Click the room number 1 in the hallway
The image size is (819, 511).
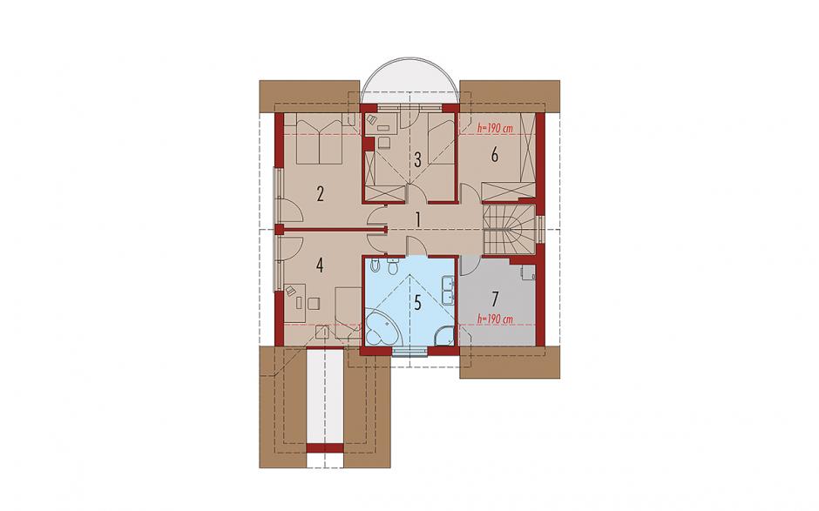point(418,219)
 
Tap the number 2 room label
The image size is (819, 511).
point(320,194)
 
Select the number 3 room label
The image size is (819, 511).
point(418,159)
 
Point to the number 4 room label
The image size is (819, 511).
point(320,266)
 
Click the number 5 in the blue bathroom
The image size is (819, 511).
point(418,303)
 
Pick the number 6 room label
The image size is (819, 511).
point(495,155)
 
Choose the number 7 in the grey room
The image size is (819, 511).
point(495,299)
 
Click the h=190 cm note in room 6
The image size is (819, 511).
point(495,127)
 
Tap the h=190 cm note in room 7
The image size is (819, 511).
point(495,319)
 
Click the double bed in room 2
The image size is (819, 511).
point(319,140)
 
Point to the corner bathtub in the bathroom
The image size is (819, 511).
point(382,326)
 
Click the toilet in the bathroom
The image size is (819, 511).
point(393,266)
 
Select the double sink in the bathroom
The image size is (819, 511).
point(448,290)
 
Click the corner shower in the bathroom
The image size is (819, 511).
point(444,335)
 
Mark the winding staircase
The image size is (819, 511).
point(510,229)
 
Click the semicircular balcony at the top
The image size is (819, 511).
point(410,82)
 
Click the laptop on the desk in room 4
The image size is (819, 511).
point(291,290)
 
